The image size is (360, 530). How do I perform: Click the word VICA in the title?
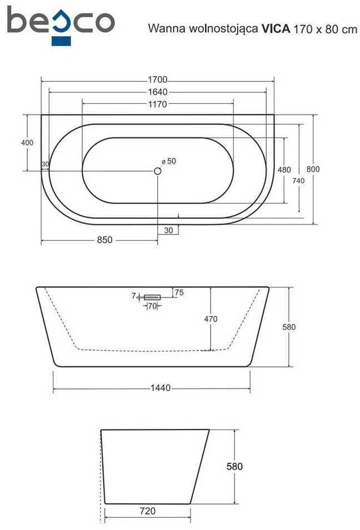point(276,29)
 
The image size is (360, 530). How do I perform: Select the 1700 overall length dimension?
point(158,80)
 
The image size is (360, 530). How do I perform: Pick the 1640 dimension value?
point(158,92)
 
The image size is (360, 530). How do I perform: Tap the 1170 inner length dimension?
point(158,104)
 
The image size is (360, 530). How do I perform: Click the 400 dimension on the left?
point(27,143)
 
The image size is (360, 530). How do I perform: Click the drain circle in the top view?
point(158,171)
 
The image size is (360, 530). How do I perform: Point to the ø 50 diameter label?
point(169,161)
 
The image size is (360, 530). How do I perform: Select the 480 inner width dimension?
point(284,169)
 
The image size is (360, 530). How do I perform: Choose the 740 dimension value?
point(298,181)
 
